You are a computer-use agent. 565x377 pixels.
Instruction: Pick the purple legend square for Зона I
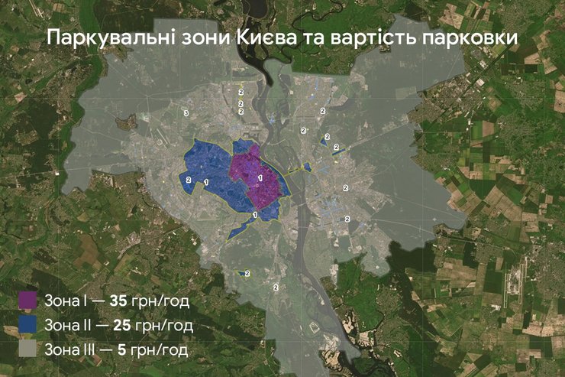(28, 300)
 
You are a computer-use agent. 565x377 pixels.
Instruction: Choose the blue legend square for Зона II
(28, 325)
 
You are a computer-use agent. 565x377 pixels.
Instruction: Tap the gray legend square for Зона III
(28, 350)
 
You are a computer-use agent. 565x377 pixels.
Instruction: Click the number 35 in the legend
(118, 300)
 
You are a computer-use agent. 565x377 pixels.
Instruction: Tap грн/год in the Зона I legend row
(160, 300)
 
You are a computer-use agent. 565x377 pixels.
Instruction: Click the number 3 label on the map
(186, 113)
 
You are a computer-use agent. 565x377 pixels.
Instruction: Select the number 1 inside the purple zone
(260, 177)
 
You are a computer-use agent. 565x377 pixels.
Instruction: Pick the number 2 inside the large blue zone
(189, 179)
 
